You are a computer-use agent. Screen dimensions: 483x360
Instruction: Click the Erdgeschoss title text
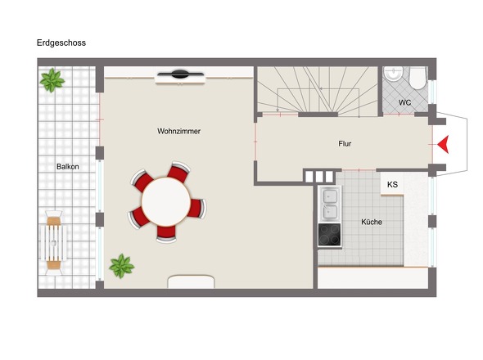pyautogui.click(x=61, y=43)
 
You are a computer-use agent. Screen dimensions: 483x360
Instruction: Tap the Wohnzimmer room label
pyautogui.click(x=178, y=131)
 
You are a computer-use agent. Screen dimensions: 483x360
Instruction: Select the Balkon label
pyautogui.click(x=67, y=167)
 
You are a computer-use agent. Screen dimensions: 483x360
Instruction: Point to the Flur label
pyautogui.click(x=345, y=143)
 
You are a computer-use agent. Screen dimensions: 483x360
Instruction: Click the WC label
pyautogui.click(x=404, y=102)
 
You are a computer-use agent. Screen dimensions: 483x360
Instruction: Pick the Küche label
pyautogui.click(x=372, y=222)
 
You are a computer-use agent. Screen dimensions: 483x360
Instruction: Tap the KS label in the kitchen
pyautogui.click(x=392, y=184)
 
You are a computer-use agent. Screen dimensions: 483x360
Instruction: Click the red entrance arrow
pyautogui.click(x=443, y=144)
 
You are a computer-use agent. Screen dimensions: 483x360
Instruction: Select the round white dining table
pyautogui.click(x=166, y=202)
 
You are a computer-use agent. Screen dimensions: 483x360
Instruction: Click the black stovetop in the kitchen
pyautogui.click(x=329, y=235)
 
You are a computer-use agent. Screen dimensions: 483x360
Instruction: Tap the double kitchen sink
pyautogui.click(x=330, y=204)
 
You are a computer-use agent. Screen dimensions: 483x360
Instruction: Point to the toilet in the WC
pyautogui.click(x=418, y=78)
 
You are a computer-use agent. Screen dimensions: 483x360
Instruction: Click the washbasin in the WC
pyautogui.click(x=393, y=74)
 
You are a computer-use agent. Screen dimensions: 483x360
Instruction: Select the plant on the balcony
pyautogui.click(x=52, y=80)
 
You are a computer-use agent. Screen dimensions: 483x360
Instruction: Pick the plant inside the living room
pyautogui.click(x=122, y=266)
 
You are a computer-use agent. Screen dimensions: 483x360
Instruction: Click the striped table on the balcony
pyautogui.click(x=53, y=243)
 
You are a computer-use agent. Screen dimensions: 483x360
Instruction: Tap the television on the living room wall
pyautogui.click(x=180, y=74)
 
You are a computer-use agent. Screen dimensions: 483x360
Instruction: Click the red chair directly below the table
pyautogui.click(x=166, y=234)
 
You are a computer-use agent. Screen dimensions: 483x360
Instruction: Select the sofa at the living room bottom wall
pyautogui.click(x=191, y=281)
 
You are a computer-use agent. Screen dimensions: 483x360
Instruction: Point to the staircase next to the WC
pyautogui.click(x=318, y=91)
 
